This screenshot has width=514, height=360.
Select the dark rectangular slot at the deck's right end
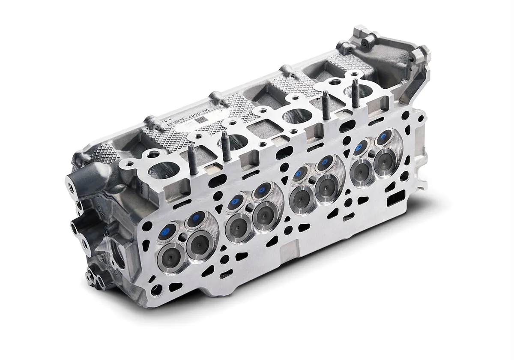(x=393, y=201)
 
